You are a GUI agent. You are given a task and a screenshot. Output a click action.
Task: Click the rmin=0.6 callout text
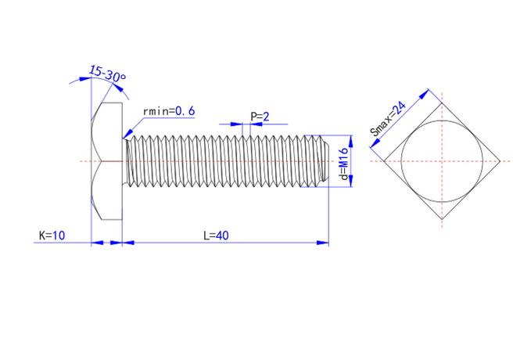(169, 111)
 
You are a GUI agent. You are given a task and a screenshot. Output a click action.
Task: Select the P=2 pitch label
(260, 117)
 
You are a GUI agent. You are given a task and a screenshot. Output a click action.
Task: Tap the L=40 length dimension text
(216, 236)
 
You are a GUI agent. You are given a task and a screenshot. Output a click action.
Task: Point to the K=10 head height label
(52, 236)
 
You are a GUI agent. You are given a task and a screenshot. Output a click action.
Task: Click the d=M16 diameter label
(344, 164)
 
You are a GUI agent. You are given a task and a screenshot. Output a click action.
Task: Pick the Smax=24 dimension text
(388, 119)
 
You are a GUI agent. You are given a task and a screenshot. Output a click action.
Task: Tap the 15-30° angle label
(107, 74)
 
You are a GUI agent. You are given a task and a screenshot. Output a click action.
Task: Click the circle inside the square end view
(442, 161)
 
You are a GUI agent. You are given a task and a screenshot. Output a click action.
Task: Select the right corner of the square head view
(500, 161)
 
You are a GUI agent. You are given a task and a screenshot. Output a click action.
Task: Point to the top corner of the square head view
(442, 103)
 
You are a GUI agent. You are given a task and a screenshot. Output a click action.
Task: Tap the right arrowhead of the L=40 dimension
(323, 243)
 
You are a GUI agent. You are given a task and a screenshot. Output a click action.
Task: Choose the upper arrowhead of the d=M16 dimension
(351, 141)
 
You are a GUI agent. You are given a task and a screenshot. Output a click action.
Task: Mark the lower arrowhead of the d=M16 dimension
(351, 181)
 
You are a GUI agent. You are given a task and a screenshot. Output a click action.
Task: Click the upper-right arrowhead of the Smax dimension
(424, 95)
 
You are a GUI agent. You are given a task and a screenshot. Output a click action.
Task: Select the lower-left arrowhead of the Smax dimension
(375, 142)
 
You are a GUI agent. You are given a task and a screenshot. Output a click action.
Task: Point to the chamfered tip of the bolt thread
(325, 161)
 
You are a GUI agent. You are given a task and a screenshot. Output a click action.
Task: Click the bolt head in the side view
(106, 161)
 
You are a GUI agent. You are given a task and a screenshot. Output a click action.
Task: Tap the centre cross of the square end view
(442, 161)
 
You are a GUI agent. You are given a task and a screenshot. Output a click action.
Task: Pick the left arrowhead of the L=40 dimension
(128, 243)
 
